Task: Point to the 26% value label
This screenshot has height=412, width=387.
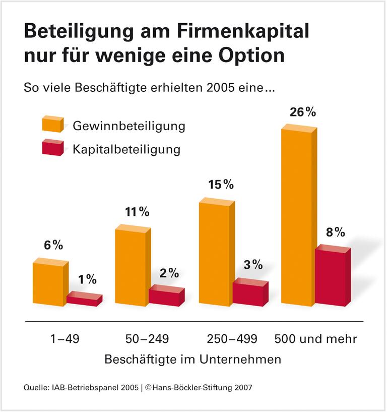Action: (302, 112)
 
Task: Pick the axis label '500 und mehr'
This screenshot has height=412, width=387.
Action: (315, 339)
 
